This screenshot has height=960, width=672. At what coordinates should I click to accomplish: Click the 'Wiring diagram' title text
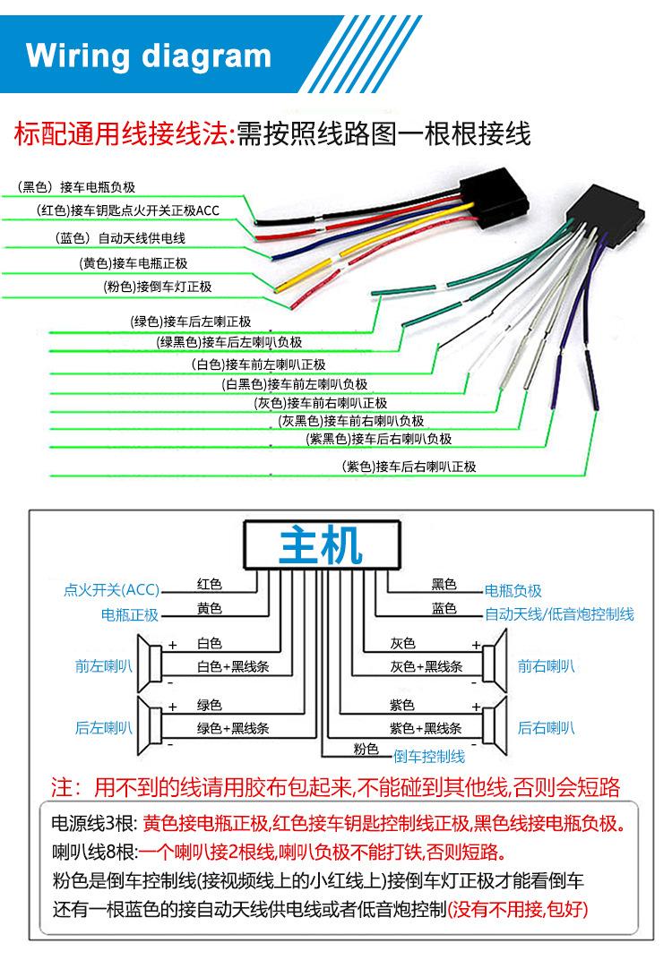[149, 56]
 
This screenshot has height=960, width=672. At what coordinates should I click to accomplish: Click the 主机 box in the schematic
[321, 544]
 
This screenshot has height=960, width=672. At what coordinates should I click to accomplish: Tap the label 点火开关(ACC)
[111, 590]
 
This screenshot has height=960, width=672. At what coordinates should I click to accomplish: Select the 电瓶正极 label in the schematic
[129, 615]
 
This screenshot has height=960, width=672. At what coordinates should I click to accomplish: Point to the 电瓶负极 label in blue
[513, 591]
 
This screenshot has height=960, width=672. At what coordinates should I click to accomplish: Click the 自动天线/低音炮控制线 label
[559, 614]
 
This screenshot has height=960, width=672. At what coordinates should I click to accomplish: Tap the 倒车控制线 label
[429, 756]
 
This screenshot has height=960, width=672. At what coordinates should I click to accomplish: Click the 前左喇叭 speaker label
[103, 666]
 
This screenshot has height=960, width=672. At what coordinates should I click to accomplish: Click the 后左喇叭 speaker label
[103, 727]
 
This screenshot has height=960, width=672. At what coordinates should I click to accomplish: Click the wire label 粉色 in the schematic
[366, 749]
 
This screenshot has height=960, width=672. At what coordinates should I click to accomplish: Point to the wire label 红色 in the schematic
[209, 585]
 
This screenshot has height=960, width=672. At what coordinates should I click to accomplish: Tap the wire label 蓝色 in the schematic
[444, 609]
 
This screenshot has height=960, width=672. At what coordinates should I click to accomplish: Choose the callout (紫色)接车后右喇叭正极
[409, 467]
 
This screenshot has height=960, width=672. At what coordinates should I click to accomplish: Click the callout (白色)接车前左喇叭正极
[259, 364]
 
